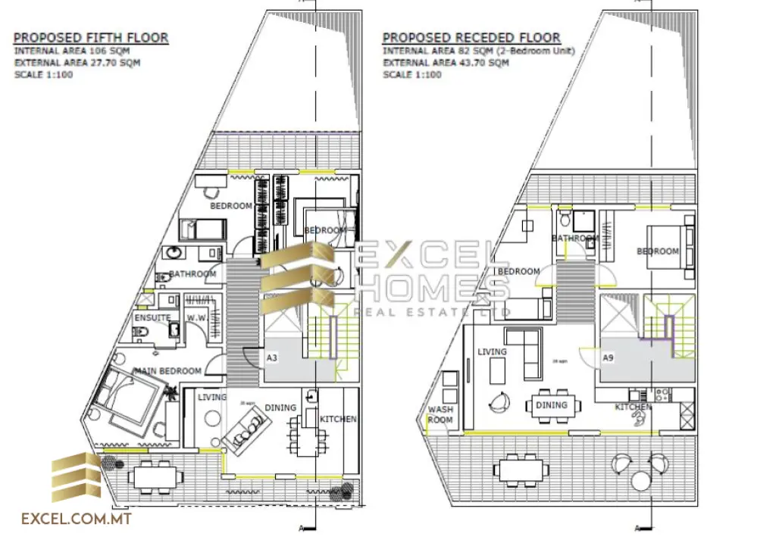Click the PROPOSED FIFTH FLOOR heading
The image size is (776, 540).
point(91,38)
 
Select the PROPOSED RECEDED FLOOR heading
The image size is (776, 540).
point(471,38)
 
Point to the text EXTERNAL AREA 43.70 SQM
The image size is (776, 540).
point(446,64)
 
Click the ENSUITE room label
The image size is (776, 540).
point(152,318)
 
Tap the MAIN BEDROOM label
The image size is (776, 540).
point(168,371)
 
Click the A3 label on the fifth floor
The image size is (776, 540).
point(271,356)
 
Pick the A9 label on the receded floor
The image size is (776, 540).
point(608,357)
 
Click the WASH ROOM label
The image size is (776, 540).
point(440,414)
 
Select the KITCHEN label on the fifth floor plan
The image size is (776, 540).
point(337,419)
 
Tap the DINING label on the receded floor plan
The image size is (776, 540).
point(551,405)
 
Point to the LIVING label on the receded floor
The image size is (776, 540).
point(492,352)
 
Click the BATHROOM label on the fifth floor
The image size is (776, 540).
point(192,274)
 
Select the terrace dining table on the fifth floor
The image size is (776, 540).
point(155,476)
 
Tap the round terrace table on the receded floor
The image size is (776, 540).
point(641,480)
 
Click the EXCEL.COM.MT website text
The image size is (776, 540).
point(73,520)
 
